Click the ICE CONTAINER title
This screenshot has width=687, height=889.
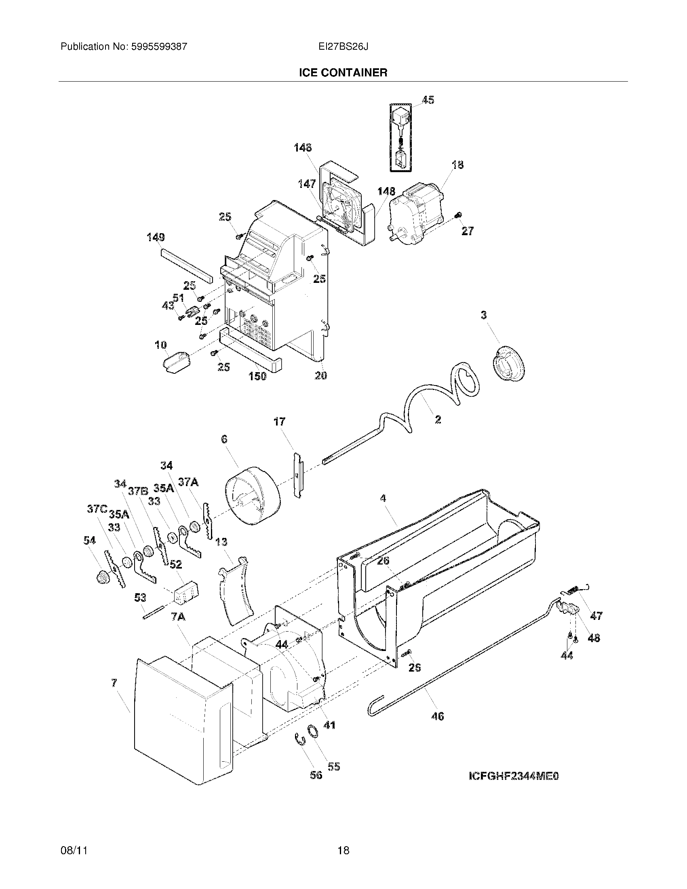(x=343, y=73)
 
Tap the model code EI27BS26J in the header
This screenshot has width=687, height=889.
(x=343, y=47)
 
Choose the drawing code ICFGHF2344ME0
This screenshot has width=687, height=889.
(x=514, y=776)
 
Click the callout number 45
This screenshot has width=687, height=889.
(x=428, y=100)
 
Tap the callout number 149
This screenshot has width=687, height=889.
(x=156, y=237)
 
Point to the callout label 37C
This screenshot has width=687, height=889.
(x=97, y=509)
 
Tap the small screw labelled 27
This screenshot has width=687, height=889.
(x=459, y=215)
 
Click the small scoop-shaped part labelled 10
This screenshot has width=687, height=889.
(x=176, y=362)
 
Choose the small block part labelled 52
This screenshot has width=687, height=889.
(x=186, y=592)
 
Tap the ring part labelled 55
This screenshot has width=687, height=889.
(x=312, y=731)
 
